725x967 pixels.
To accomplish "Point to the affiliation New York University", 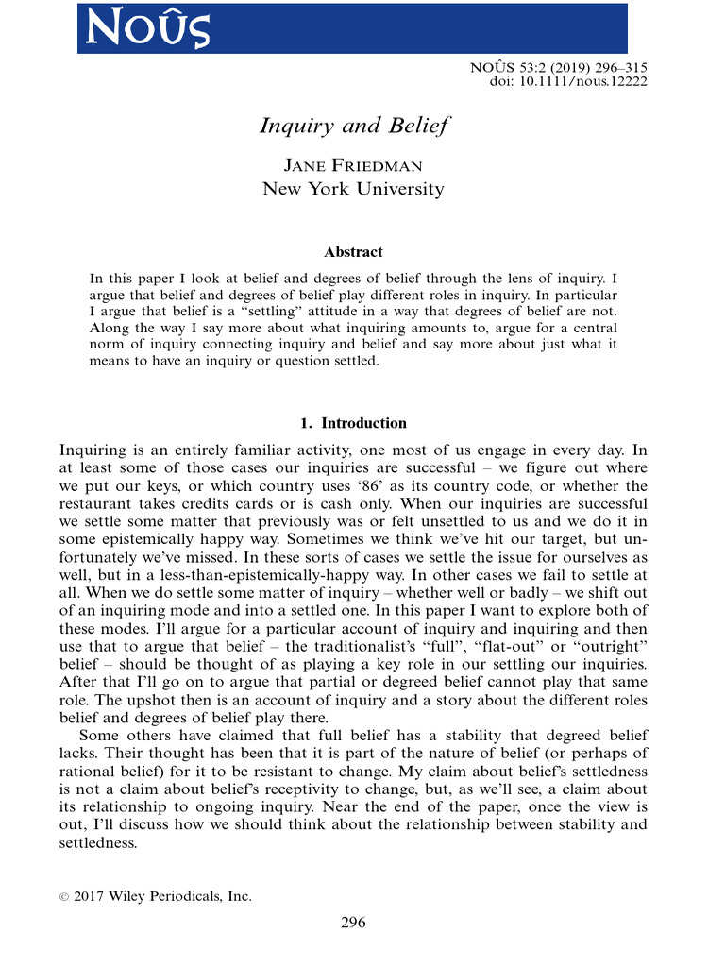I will [x=352, y=189].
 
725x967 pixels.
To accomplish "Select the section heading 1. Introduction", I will [x=352, y=423].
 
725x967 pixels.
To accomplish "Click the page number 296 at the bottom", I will [x=352, y=923].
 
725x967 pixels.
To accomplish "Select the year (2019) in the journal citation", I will [x=547, y=67].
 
